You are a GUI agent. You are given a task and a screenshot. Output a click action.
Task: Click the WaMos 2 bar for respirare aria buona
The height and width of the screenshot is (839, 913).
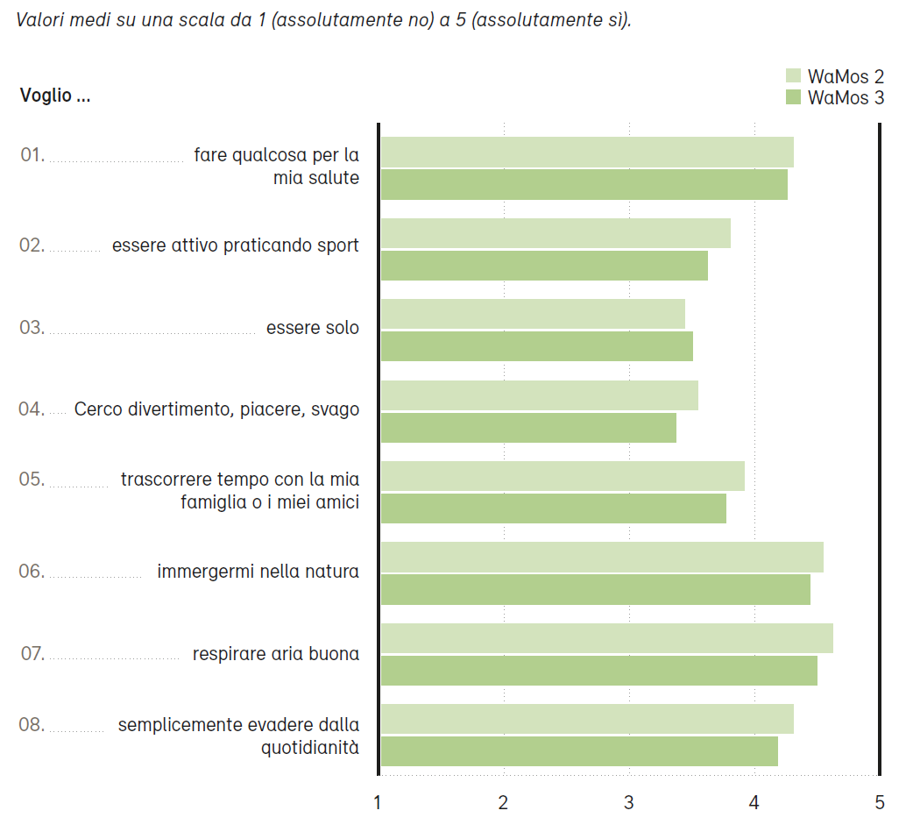pyautogui.click(x=606, y=638)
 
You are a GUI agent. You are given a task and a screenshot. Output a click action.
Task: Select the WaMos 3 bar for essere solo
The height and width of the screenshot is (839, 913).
pyautogui.click(x=536, y=346)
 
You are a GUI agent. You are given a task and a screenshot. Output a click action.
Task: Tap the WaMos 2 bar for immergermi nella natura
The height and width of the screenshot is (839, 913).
pyautogui.click(x=602, y=558)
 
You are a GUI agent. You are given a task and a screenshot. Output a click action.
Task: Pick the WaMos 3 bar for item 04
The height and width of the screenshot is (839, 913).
pyautogui.click(x=528, y=428)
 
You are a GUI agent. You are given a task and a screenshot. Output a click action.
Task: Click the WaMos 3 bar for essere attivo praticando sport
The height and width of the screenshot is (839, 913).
pyautogui.click(x=544, y=266)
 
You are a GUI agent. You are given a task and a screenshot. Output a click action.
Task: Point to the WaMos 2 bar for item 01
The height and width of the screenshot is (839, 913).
pyautogui.click(x=587, y=152)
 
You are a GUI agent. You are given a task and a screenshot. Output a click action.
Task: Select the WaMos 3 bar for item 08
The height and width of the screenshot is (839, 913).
pyautogui.click(x=579, y=751)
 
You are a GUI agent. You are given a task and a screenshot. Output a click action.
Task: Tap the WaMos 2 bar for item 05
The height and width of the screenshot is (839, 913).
pyautogui.click(x=563, y=476)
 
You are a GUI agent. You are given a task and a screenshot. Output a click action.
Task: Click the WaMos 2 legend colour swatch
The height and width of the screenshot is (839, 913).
pyautogui.click(x=794, y=77)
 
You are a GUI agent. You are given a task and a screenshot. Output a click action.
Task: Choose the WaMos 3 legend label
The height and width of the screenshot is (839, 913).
pyautogui.click(x=846, y=98)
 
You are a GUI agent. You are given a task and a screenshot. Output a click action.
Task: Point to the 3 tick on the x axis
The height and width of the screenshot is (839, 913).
pyautogui.click(x=629, y=802)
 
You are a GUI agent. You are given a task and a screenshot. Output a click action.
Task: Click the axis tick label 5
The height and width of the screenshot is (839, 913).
pyautogui.click(x=880, y=802)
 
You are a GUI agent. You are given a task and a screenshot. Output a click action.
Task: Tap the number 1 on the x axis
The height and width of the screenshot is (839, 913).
pyautogui.click(x=378, y=802)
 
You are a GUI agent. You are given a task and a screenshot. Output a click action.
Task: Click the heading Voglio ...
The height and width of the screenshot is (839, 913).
pyautogui.click(x=54, y=96)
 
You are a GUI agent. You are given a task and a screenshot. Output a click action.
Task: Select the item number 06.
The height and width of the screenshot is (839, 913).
pyautogui.click(x=32, y=572)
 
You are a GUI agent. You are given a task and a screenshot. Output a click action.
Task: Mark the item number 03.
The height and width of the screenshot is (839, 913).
pyautogui.click(x=32, y=328)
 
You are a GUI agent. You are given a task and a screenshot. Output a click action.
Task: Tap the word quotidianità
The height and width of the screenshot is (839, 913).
pyautogui.click(x=310, y=748)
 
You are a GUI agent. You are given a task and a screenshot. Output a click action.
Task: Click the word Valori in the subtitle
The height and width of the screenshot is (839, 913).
pyautogui.click(x=41, y=19)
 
